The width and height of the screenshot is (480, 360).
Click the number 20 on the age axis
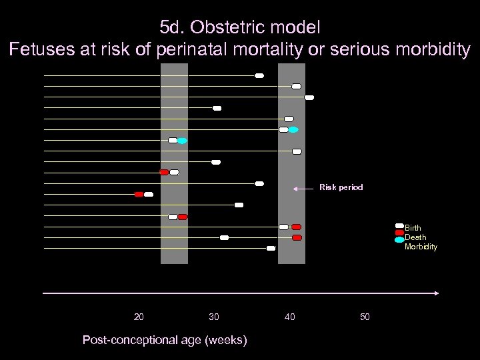tap(139, 317)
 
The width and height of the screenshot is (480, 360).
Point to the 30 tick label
tap(213, 317)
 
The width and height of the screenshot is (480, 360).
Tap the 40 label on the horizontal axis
tap(289, 317)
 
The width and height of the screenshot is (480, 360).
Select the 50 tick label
tap(365, 317)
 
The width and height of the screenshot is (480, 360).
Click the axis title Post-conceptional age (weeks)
tap(164, 340)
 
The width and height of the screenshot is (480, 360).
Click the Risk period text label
tap(341, 187)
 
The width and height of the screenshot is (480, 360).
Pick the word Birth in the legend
tap(413, 228)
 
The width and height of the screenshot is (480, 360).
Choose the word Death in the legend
tap(415, 237)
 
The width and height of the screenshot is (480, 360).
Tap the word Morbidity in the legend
tap(421, 247)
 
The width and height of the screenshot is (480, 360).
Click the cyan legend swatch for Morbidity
tap(399, 239)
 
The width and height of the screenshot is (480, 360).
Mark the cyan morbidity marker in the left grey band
tap(182, 141)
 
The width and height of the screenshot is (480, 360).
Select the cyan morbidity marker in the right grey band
tap(293, 129)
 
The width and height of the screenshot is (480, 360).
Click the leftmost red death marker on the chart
tap(139, 195)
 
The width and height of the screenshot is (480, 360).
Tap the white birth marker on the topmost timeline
tap(259, 75)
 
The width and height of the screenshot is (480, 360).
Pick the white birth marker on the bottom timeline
tap(271, 248)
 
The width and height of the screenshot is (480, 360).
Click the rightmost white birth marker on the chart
tap(309, 97)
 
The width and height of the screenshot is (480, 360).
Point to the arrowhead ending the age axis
tap(437, 293)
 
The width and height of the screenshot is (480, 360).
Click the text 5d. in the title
tap(173, 28)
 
